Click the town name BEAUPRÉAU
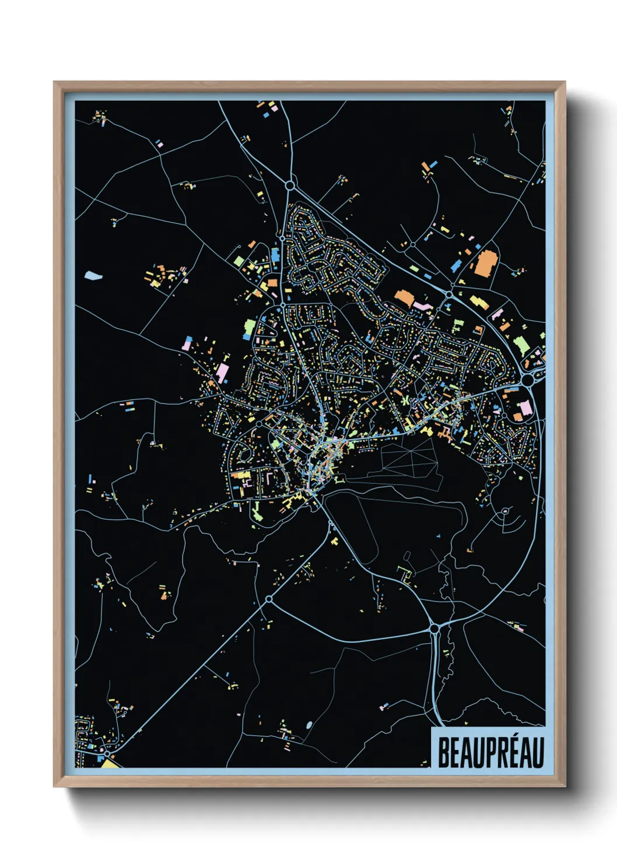click(490, 752)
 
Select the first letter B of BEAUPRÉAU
click(444, 753)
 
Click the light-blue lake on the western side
click(92, 275)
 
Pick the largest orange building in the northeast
click(484, 263)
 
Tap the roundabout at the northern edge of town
click(290, 185)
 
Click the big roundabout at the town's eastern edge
click(528, 380)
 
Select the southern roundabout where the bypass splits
click(434, 629)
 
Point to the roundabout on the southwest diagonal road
click(269, 599)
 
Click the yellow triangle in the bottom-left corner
click(109, 763)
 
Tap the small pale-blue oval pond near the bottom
click(308, 725)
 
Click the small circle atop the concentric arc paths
click(505, 511)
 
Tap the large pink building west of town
click(222, 371)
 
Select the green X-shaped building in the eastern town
click(403, 401)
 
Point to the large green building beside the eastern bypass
click(521, 344)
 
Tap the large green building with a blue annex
click(250, 328)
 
